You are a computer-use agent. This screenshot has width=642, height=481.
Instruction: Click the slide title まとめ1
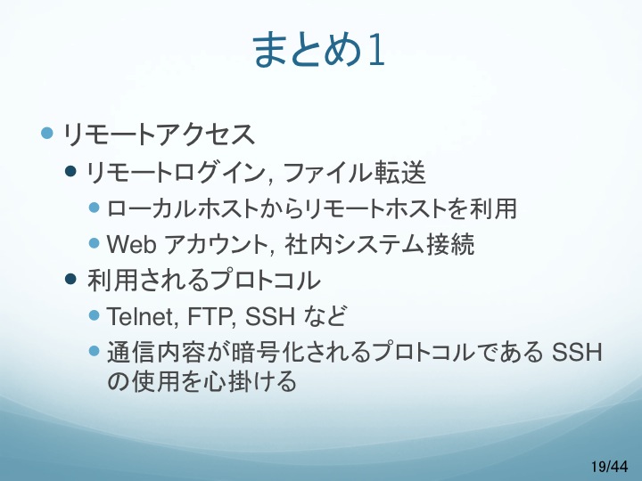(x=319, y=50)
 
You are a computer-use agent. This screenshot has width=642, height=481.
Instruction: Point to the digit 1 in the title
(x=376, y=50)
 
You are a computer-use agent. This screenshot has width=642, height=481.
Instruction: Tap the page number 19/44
(x=609, y=466)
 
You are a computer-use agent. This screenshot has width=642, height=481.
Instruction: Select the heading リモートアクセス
(x=159, y=135)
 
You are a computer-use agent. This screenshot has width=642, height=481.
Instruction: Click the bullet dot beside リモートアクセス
(x=47, y=133)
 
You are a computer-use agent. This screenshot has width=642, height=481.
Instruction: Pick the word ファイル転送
(x=355, y=172)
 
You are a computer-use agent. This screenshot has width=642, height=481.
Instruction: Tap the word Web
(x=131, y=244)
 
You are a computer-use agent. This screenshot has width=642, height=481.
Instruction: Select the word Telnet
(x=141, y=316)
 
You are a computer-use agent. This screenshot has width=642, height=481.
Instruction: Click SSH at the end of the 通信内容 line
(x=577, y=352)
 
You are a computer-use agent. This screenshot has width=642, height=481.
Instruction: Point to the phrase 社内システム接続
(x=379, y=244)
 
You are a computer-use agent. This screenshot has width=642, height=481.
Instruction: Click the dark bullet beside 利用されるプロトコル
(x=70, y=279)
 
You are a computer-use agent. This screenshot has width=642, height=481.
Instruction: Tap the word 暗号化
(x=267, y=352)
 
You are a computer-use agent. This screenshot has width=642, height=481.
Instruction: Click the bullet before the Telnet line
(x=95, y=315)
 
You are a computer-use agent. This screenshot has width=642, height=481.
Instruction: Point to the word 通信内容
(x=155, y=352)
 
